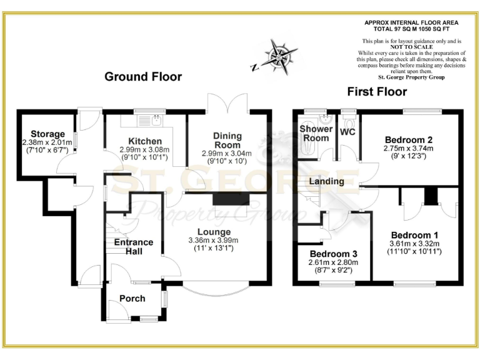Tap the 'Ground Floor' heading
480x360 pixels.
coord(143,77)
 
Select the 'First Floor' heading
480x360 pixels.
coord(377,92)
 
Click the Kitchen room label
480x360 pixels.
coord(145,141)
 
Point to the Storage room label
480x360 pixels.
coord(47,134)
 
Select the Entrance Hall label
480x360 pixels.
coord(134,246)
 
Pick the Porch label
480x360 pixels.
coord(132,298)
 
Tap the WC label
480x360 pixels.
coord(347,132)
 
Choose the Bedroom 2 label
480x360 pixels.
coord(409,139)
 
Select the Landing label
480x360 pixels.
coord(326,181)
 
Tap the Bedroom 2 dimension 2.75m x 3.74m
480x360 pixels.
coord(409,148)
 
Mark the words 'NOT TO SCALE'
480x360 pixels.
coord(411,48)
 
